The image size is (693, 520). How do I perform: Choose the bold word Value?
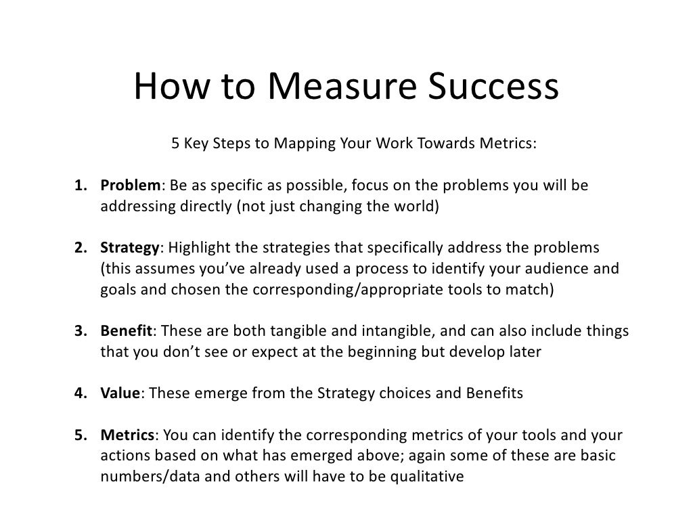click(120, 393)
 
